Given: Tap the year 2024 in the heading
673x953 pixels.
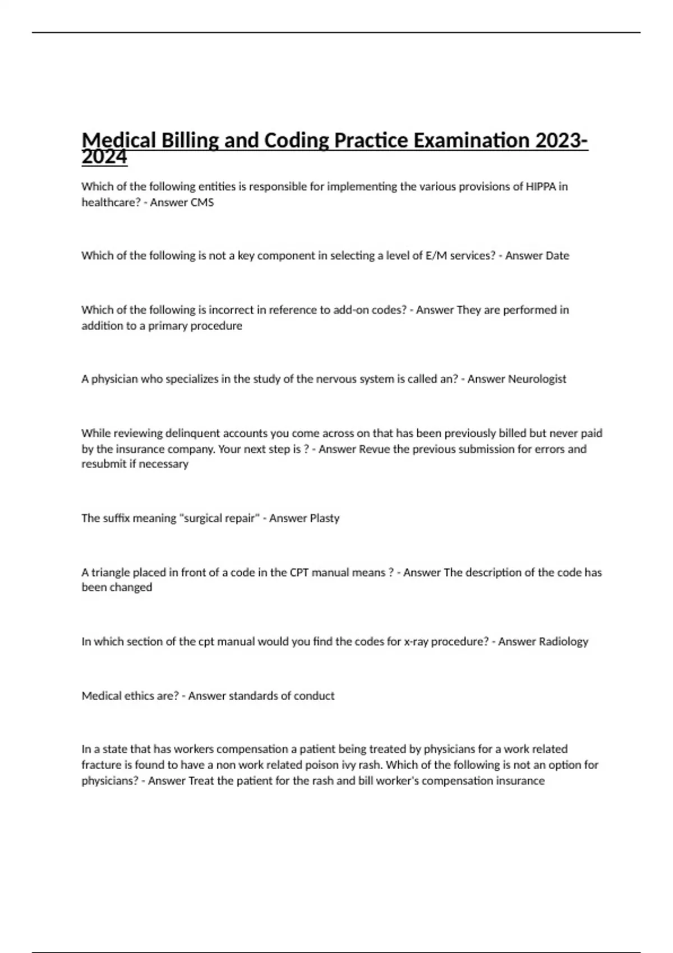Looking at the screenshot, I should click(104, 158).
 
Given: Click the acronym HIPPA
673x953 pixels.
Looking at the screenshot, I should click(541, 187).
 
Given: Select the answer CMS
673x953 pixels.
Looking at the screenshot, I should click(202, 202).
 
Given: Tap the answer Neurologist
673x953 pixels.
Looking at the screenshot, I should click(537, 379).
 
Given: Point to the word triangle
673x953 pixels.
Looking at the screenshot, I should click(111, 572).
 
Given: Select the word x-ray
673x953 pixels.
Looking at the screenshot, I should click(418, 641).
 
